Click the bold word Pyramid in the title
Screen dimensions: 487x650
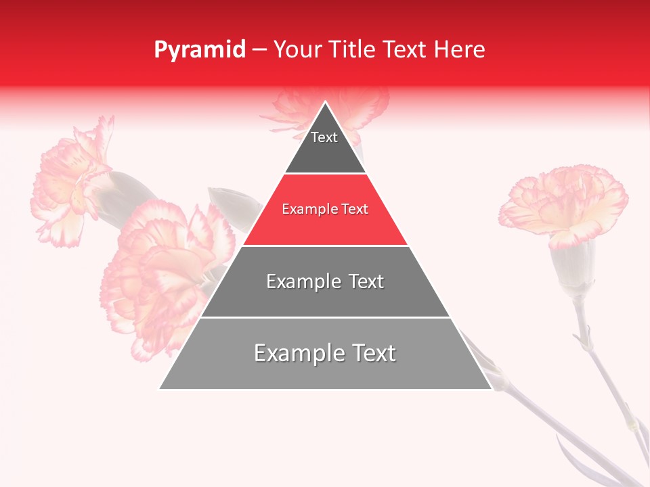pyautogui.click(x=199, y=49)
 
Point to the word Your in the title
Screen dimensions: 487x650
pyautogui.click(x=296, y=49)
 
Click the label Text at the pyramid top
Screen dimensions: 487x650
pyautogui.click(x=324, y=137)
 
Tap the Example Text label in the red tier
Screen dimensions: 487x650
pyautogui.click(x=325, y=209)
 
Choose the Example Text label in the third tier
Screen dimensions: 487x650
pyautogui.click(x=325, y=281)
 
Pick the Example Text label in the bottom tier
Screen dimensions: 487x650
pyautogui.click(x=325, y=353)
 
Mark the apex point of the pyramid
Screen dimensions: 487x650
pyautogui.click(x=326, y=102)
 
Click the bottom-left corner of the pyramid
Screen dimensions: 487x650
pyautogui.click(x=160, y=388)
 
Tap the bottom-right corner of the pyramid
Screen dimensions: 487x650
pyautogui.click(x=491, y=388)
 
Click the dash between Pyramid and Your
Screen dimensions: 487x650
pyautogui.click(x=259, y=49)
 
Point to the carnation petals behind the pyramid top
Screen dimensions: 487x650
pyautogui.click(x=366, y=108)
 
